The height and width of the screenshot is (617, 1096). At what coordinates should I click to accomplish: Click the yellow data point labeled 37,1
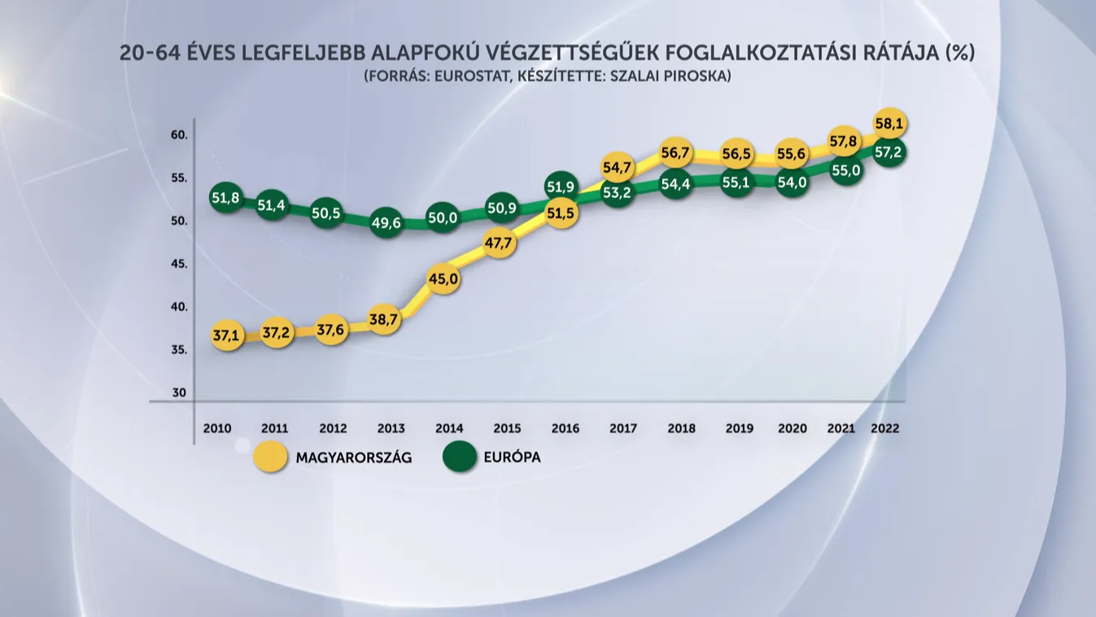tap(227, 335)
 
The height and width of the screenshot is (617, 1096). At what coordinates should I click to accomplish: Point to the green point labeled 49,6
tap(386, 223)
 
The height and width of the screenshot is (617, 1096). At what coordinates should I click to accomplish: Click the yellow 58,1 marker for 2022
tap(890, 124)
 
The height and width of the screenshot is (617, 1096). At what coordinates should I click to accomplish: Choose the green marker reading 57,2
tap(890, 152)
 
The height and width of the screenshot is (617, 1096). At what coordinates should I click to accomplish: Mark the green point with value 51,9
tap(561, 186)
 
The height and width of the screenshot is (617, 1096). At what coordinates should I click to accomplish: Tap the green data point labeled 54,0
tap(793, 182)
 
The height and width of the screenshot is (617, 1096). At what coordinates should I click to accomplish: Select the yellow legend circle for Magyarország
tap(270, 457)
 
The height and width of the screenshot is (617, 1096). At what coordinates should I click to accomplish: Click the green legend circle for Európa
tap(460, 457)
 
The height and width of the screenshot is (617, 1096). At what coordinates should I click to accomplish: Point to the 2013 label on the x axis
tap(391, 428)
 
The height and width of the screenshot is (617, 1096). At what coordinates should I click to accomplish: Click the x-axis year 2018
tap(682, 428)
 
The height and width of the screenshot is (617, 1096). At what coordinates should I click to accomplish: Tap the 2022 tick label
tap(885, 428)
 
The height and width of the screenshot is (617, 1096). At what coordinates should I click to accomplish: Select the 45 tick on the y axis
tap(179, 265)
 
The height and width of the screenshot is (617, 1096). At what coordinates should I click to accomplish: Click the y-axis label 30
tap(179, 393)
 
